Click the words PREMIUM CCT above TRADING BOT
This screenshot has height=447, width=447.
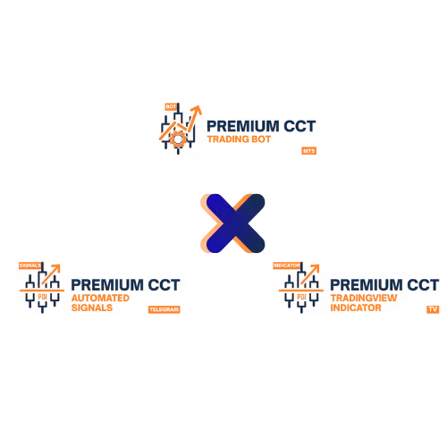point(252,126)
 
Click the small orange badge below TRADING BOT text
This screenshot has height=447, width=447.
point(308,151)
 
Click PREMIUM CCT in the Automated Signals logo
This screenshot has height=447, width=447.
point(125,285)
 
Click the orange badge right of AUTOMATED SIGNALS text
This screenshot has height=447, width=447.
point(164,310)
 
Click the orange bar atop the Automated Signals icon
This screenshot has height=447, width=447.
point(30,265)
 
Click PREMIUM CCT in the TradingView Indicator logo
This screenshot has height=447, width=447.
point(384,285)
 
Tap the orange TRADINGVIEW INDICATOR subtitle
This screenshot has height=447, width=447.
point(358,302)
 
